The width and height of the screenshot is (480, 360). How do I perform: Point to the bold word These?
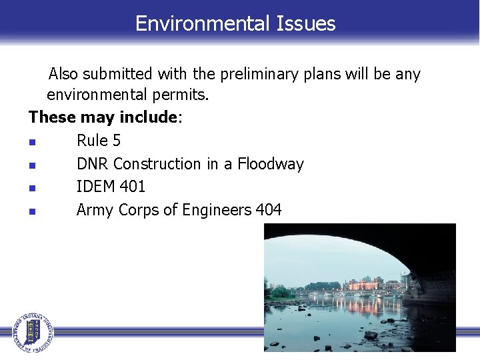coord(52,118)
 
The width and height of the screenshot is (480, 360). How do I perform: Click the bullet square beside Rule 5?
coord(32,142)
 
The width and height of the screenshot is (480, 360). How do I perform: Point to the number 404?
coord(268,211)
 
